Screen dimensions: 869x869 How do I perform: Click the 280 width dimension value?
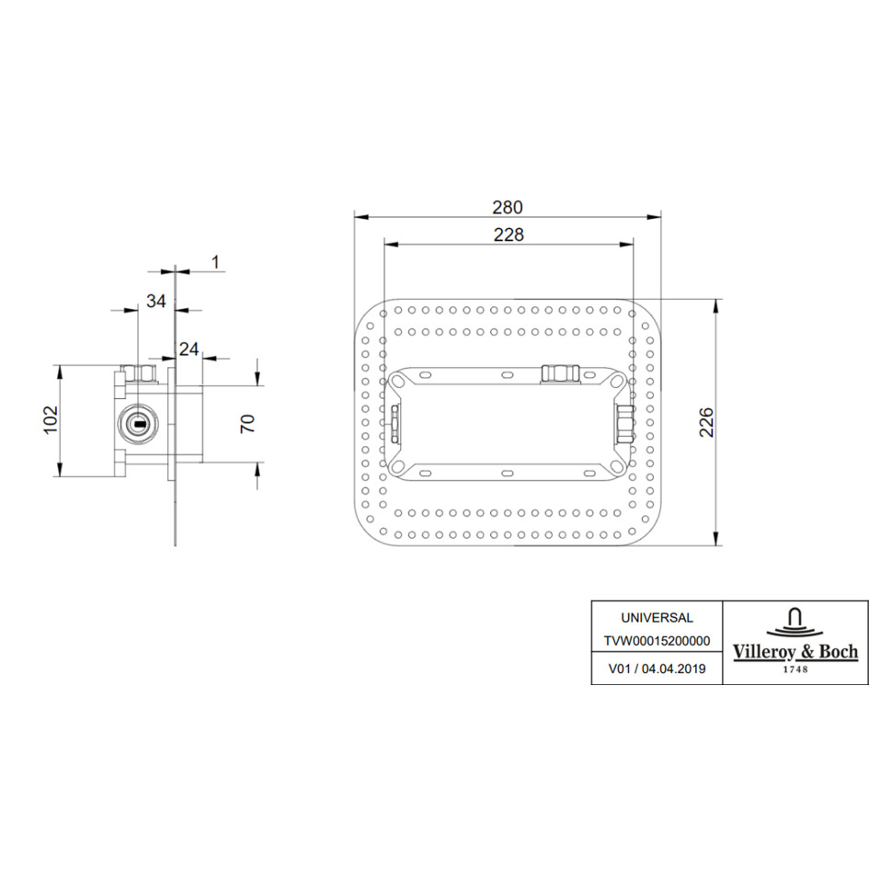pyautogui.click(x=508, y=207)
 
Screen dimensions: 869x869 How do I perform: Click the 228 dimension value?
pyautogui.click(x=508, y=234)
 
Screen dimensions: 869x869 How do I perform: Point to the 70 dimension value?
pyautogui.click(x=247, y=423)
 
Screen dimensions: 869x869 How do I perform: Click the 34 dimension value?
pyautogui.click(x=156, y=301)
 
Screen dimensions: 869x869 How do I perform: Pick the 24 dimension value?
pyautogui.click(x=189, y=349)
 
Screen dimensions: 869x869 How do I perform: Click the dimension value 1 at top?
pyautogui.click(x=214, y=262)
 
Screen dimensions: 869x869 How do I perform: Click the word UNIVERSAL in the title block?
pyautogui.click(x=657, y=618)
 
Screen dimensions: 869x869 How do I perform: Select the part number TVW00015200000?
pyautogui.click(x=657, y=643)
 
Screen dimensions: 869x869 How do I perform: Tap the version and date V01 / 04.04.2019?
pyautogui.click(x=657, y=669)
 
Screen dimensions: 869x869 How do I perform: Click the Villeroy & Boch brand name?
pyautogui.click(x=795, y=652)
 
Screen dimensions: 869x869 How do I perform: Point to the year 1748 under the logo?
pyautogui.click(x=795, y=669)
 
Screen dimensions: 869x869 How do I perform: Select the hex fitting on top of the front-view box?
pyautogui.click(x=558, y=372)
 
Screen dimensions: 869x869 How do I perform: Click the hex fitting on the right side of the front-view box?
pyautogui.click(x=625, y=423)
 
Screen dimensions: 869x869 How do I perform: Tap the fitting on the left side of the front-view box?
pyautogui.click(x=394, y=423)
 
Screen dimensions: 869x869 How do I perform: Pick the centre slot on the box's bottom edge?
pyautogui.click(x=507, y=473)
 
